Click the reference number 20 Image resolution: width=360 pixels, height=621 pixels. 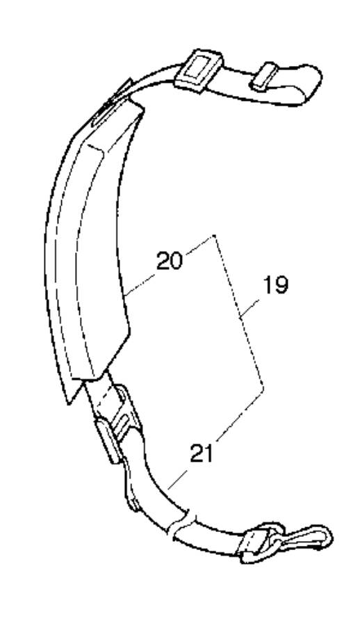point(170,261)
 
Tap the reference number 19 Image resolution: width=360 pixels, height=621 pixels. point(276,285)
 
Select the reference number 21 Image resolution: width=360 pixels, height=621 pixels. point(202,453)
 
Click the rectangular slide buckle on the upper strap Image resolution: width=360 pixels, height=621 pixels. point(199,72)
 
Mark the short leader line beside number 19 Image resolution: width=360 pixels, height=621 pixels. point(250,309)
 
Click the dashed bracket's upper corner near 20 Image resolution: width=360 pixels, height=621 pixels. point(214,235)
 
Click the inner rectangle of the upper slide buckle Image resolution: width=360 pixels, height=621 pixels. point(199,70)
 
